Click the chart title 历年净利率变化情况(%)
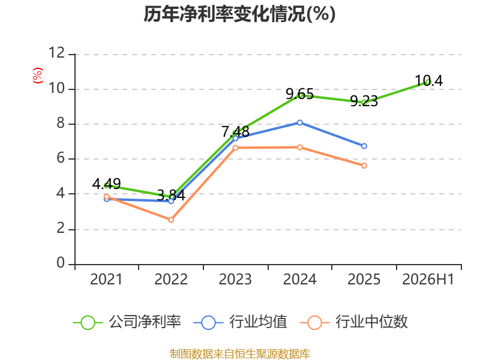[x=239, y=14]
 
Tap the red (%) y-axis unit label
[x=38, y=76]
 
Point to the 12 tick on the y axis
[x=57, y=53]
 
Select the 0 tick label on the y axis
[x=61, y=263]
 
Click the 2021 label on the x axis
[x=106, y=280]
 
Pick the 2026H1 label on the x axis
[x=428, y=280]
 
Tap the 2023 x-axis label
[x=235, y=280]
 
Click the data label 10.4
[x=429, y=81]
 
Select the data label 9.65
[x=299, y=94]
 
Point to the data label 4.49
[x=107, y=184]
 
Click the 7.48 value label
[x=235, y=132]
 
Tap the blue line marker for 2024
[x=299, y=123]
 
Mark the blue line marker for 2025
[x=364, y=146]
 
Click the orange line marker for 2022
[x=171, y=220]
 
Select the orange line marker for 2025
[x=364, y=166]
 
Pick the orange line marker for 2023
[x=235, y=148]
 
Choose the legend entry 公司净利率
[x=127, y=322]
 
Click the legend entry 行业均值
[x=241, y=322]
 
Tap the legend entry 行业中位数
[x=353, y=322]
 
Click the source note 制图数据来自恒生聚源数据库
[x=239, y=354]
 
